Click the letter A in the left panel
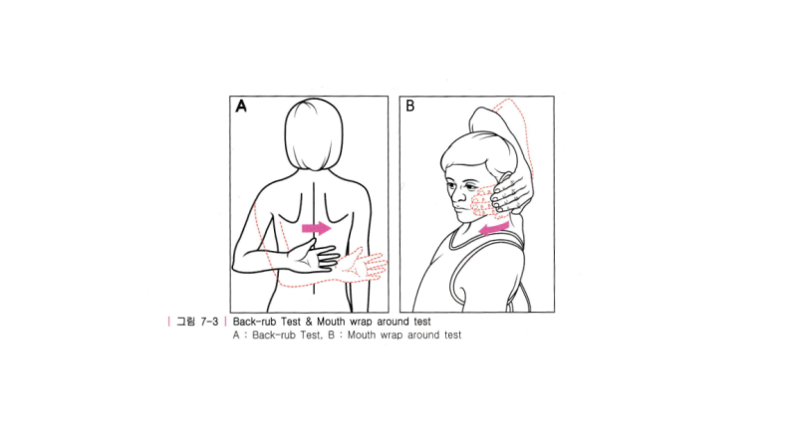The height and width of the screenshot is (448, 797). point(241,107)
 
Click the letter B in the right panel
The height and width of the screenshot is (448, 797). point(409,107)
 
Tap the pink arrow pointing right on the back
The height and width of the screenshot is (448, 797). point(316,228)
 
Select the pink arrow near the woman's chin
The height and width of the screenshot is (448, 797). point(494,229)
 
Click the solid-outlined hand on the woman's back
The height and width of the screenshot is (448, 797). point(314,255)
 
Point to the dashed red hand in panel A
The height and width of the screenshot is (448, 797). point(363,264)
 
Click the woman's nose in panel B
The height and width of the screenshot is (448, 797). point(457,193)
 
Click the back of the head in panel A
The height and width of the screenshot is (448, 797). point(314,134)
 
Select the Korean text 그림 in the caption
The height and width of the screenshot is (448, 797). point(185,322)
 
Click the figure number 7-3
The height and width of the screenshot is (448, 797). point(209,322)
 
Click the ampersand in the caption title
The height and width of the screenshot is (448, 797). point(309,322)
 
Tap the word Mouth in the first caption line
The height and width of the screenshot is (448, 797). point(331,322)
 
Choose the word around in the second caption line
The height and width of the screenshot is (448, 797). point(423,336)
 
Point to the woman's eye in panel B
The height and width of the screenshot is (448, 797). point(451,186)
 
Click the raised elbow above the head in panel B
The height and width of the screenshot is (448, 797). point(481,117)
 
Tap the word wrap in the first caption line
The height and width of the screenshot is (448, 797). point(361,322)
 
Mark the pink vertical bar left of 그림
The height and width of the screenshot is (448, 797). point(168,322)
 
